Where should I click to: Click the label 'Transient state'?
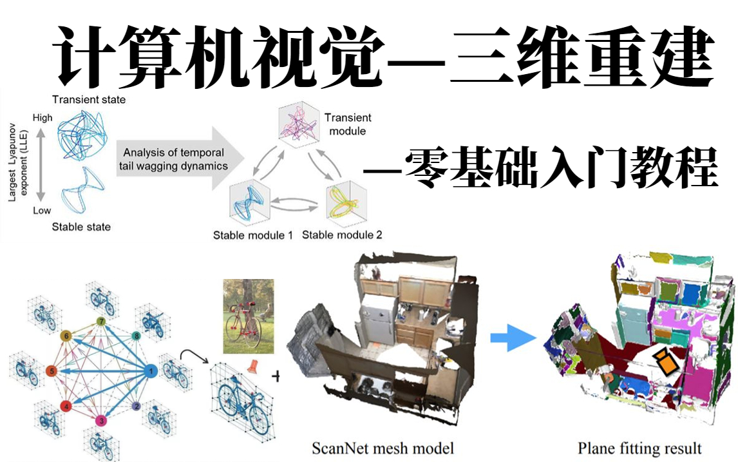coord(89,99)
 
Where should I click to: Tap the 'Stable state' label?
coord(81,227)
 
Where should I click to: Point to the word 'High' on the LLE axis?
coord(43,118)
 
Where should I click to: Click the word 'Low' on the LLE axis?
coord(42,211)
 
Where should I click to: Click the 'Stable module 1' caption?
coord(253,235)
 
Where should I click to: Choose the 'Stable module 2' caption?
coord(342,235)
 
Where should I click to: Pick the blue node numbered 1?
coord(151,371)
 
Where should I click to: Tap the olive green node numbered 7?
coord(101,322)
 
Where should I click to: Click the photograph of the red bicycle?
coord(248,316)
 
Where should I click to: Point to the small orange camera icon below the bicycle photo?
coord(252,366)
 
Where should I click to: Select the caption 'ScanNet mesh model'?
coord(383,448)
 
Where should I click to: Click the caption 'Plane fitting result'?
coord(639,448)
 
